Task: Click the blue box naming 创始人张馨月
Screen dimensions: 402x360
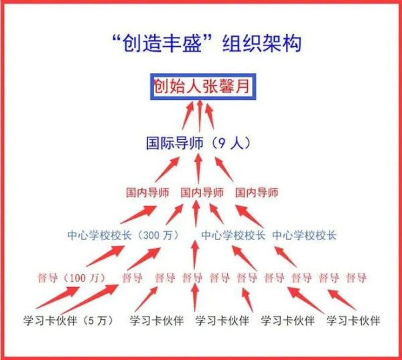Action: tap(203, 86)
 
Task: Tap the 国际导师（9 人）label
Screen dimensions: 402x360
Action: tap(198, 143)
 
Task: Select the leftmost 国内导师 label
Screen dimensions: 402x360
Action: tap(147, 192)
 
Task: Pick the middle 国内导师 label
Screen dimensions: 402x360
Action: tap(202, 192)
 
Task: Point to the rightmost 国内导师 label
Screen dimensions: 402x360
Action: tap(257, 192)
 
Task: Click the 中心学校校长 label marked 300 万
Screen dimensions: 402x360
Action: tap(123, 235)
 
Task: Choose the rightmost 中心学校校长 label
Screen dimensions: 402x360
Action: tap(304, 235)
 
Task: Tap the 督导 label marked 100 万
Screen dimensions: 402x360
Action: tap(71, 278)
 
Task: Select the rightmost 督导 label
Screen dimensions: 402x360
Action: tap(356, 278)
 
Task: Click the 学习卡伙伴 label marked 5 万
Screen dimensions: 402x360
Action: tap(68, 320)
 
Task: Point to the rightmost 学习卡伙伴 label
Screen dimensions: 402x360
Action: tap(353, 320)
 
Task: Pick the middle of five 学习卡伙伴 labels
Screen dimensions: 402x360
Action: tap(222, 320)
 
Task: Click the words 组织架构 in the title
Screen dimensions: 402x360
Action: tap(261, 43)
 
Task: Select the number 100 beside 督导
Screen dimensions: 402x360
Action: tap(76, 278)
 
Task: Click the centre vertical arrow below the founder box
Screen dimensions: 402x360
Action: tap(200, 116)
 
